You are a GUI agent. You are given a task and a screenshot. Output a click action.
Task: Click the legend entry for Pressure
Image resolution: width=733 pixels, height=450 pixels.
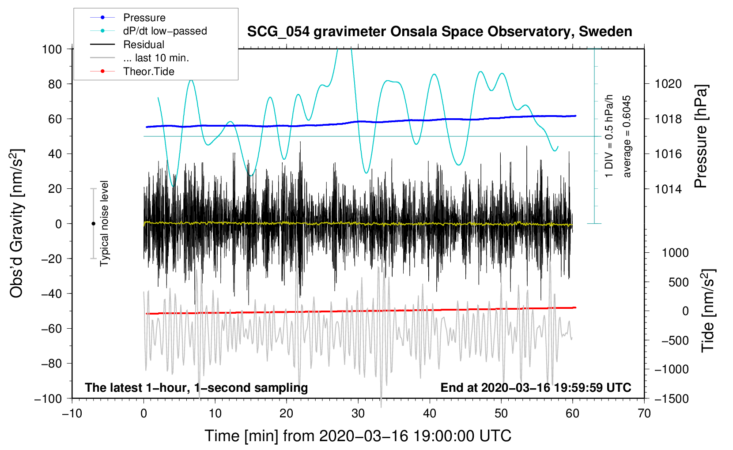[x=144, y=18]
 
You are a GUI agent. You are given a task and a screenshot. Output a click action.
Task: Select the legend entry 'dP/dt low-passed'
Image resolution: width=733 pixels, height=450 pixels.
[x=165, y=31]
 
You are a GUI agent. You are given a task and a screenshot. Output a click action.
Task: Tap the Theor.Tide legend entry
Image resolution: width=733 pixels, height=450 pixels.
[x=148, y=71]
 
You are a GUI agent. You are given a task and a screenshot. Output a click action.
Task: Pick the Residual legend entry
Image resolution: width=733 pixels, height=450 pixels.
[x=144, y=45]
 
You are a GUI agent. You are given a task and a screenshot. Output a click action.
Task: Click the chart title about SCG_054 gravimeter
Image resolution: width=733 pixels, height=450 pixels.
[x=439, y=32]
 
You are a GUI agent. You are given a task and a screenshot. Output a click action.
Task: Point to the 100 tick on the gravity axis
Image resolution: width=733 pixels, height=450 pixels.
[x=52, y=49]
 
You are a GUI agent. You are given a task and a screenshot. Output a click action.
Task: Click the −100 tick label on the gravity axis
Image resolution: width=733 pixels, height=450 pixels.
[x=49, y=398]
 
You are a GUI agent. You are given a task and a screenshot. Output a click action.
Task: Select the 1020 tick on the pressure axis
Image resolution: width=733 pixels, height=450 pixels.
[x=668, y=84]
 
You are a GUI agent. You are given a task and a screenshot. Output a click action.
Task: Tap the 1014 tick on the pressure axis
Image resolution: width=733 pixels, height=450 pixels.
[x=668, y=189]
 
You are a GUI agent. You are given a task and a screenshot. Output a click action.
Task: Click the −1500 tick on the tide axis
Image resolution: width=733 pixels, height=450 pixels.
[x=671, y=398]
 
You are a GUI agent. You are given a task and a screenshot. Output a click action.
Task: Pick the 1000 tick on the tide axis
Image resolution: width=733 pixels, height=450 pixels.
[x=675, y=253]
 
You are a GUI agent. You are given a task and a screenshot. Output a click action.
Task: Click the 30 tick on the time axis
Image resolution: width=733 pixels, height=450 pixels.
[x=358, y=413]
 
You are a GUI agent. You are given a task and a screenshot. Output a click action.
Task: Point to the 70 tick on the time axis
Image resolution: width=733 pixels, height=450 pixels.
[x=644, y=413]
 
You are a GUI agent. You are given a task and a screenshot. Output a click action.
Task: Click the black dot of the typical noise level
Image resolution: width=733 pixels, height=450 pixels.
[x=93, y=224]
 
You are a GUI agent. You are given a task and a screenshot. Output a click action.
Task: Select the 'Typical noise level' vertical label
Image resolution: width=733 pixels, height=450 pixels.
[x=104, y=223]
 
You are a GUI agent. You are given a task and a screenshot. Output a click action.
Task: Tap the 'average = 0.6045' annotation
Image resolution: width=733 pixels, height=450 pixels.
[x=627, y=136]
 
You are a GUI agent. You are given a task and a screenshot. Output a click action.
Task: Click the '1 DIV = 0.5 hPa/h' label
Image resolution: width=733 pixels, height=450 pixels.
[x=609, y=136]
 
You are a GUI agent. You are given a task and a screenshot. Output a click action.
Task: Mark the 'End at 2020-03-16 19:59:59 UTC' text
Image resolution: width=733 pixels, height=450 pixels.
[x=536, y=388]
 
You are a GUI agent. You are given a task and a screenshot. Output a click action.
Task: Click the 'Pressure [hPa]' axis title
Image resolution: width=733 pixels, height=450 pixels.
[x=701, y=136]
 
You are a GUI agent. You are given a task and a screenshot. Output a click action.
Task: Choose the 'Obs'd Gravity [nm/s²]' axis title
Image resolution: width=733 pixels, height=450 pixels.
[x=17, y=223]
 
